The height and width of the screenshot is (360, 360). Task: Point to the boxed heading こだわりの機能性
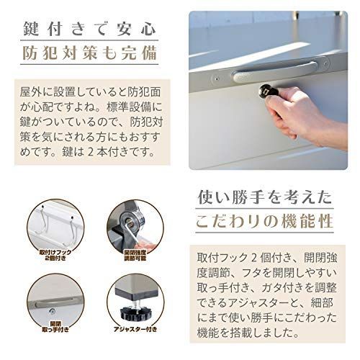point(264,221)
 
